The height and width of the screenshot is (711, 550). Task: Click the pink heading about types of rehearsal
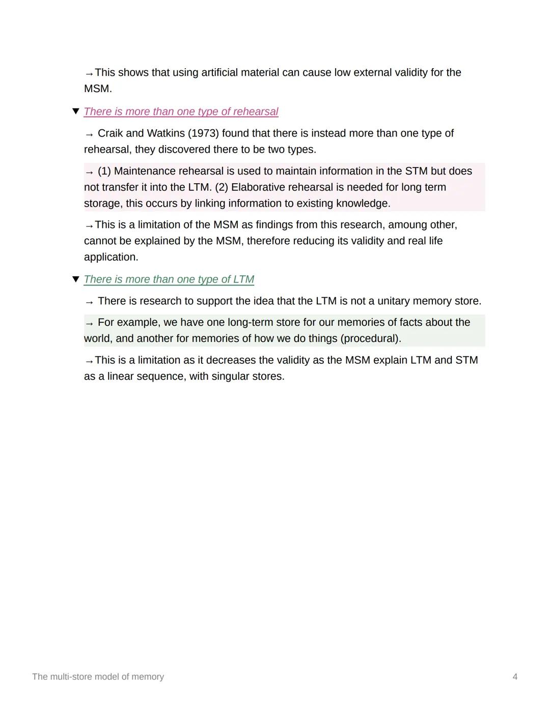[x=181, y=111]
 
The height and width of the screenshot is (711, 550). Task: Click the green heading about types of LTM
[x=169, y=279]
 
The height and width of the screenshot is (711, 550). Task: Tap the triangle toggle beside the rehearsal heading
[x=76, y=111]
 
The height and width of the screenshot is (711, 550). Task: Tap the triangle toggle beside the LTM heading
[x=76, y=279]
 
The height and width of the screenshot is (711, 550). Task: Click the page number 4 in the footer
[x=515, y=677]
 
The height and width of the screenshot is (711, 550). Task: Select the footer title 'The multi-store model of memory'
[x=98, y=677]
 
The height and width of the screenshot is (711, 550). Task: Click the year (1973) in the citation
[x=203, y=133]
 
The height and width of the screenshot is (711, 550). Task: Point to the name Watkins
[x=166, y=133]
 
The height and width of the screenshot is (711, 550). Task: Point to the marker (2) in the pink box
[x=222, y=187]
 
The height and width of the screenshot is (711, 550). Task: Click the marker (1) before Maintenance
[x=104, y=171]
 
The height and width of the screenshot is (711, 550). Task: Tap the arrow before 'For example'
[x=90, y=323]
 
